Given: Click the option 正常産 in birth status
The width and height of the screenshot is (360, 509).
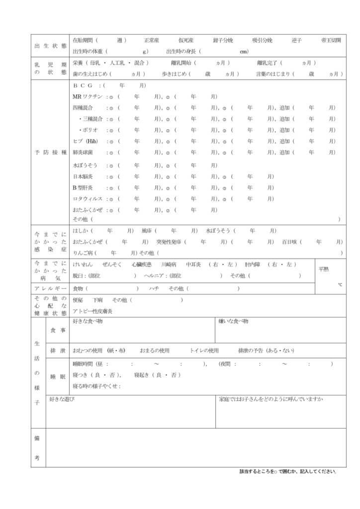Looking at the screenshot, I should coord(152,40).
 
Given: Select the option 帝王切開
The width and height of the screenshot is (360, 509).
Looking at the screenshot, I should coord(331,40).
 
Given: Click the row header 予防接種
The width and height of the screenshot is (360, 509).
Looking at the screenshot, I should coord(50,152).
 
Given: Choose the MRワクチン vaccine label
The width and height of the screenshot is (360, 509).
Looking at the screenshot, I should coord(88,96).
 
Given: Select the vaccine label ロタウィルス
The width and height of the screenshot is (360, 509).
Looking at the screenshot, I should coord(88,199).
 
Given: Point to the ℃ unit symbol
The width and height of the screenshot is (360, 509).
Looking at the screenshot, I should coord(340,284).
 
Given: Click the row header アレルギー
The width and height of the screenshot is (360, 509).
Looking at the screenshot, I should coord(50,289).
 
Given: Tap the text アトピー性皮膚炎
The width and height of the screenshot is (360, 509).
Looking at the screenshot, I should coord(92,311).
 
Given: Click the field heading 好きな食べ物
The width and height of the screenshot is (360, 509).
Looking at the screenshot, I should coord(88,322).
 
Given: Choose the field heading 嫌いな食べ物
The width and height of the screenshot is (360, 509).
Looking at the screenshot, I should coord(234,322).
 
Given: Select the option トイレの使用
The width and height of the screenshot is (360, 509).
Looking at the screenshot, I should coord(204,350).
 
